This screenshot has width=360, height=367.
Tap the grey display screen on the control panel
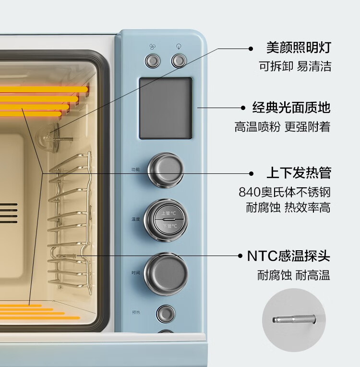point(166,108)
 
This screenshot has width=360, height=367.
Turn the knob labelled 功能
point(166,170)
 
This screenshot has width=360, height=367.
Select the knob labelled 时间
point(166,272)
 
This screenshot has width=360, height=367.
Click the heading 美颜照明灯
point(299,48)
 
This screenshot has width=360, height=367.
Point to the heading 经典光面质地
point(291,107)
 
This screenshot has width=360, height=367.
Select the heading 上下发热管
point(299,173)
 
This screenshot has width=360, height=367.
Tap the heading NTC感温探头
point(288,256)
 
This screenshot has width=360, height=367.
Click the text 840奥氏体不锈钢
point(285,192)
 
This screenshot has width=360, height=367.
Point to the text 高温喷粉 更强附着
point(282,127)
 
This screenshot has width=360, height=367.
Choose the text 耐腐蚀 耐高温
point(293,275)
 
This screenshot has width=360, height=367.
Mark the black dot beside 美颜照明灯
point(250,48)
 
